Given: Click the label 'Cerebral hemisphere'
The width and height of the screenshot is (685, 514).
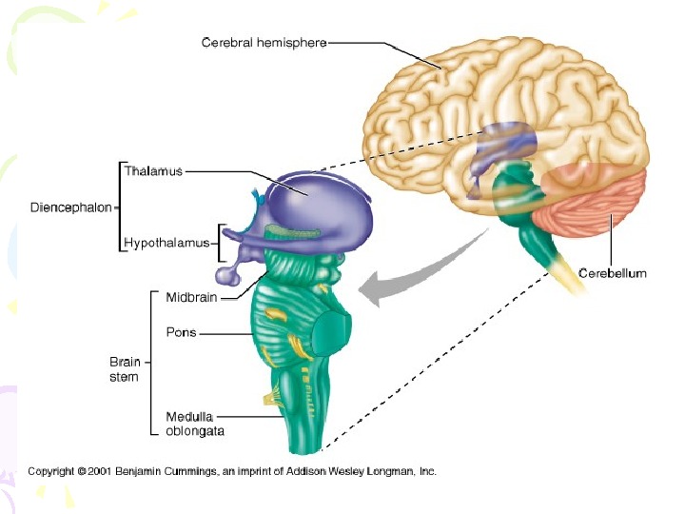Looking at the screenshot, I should pos(264,43).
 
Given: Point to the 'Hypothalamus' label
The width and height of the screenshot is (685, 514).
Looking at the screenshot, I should pos(166,243).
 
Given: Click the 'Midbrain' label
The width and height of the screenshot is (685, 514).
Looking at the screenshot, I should pos(191,297).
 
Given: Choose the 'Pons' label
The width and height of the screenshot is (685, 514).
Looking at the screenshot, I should pos(181,334).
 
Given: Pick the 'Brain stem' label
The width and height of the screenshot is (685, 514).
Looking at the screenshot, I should pos(123,369).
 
